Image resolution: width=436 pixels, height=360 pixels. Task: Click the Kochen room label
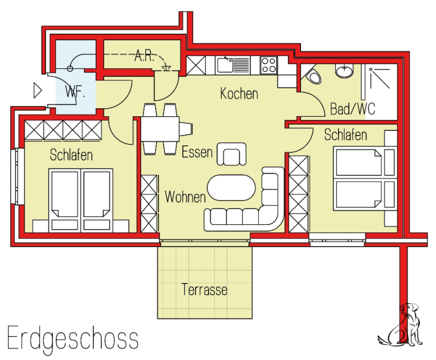point(239,93)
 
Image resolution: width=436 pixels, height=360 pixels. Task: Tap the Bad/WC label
point(353,109)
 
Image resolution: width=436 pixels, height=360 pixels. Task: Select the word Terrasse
point(205,289)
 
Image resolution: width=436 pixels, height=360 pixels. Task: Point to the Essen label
point(197,152)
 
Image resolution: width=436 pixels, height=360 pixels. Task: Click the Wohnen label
point(185,197)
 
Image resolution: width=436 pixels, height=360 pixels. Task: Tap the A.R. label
point(144,56)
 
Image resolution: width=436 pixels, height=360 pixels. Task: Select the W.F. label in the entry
point(75,92)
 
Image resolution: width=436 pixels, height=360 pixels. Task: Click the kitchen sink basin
point(225,65)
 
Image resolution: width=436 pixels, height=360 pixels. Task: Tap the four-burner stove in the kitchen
point(269,65)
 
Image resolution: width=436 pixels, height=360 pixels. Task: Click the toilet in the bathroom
point(313,75)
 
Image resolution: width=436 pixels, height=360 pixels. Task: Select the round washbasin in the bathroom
point(344,69)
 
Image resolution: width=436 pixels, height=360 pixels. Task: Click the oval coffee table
point(231,187)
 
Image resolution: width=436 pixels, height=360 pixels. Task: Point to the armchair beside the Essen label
point(231,154)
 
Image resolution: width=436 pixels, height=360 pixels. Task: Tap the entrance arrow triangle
point(37,91)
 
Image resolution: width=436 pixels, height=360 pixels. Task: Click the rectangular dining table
point(160,129)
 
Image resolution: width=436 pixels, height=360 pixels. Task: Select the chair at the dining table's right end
point(185,129)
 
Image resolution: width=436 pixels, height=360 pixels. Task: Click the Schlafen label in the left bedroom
point(71,155)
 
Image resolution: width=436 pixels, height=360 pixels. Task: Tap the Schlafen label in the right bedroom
point(345,135)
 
